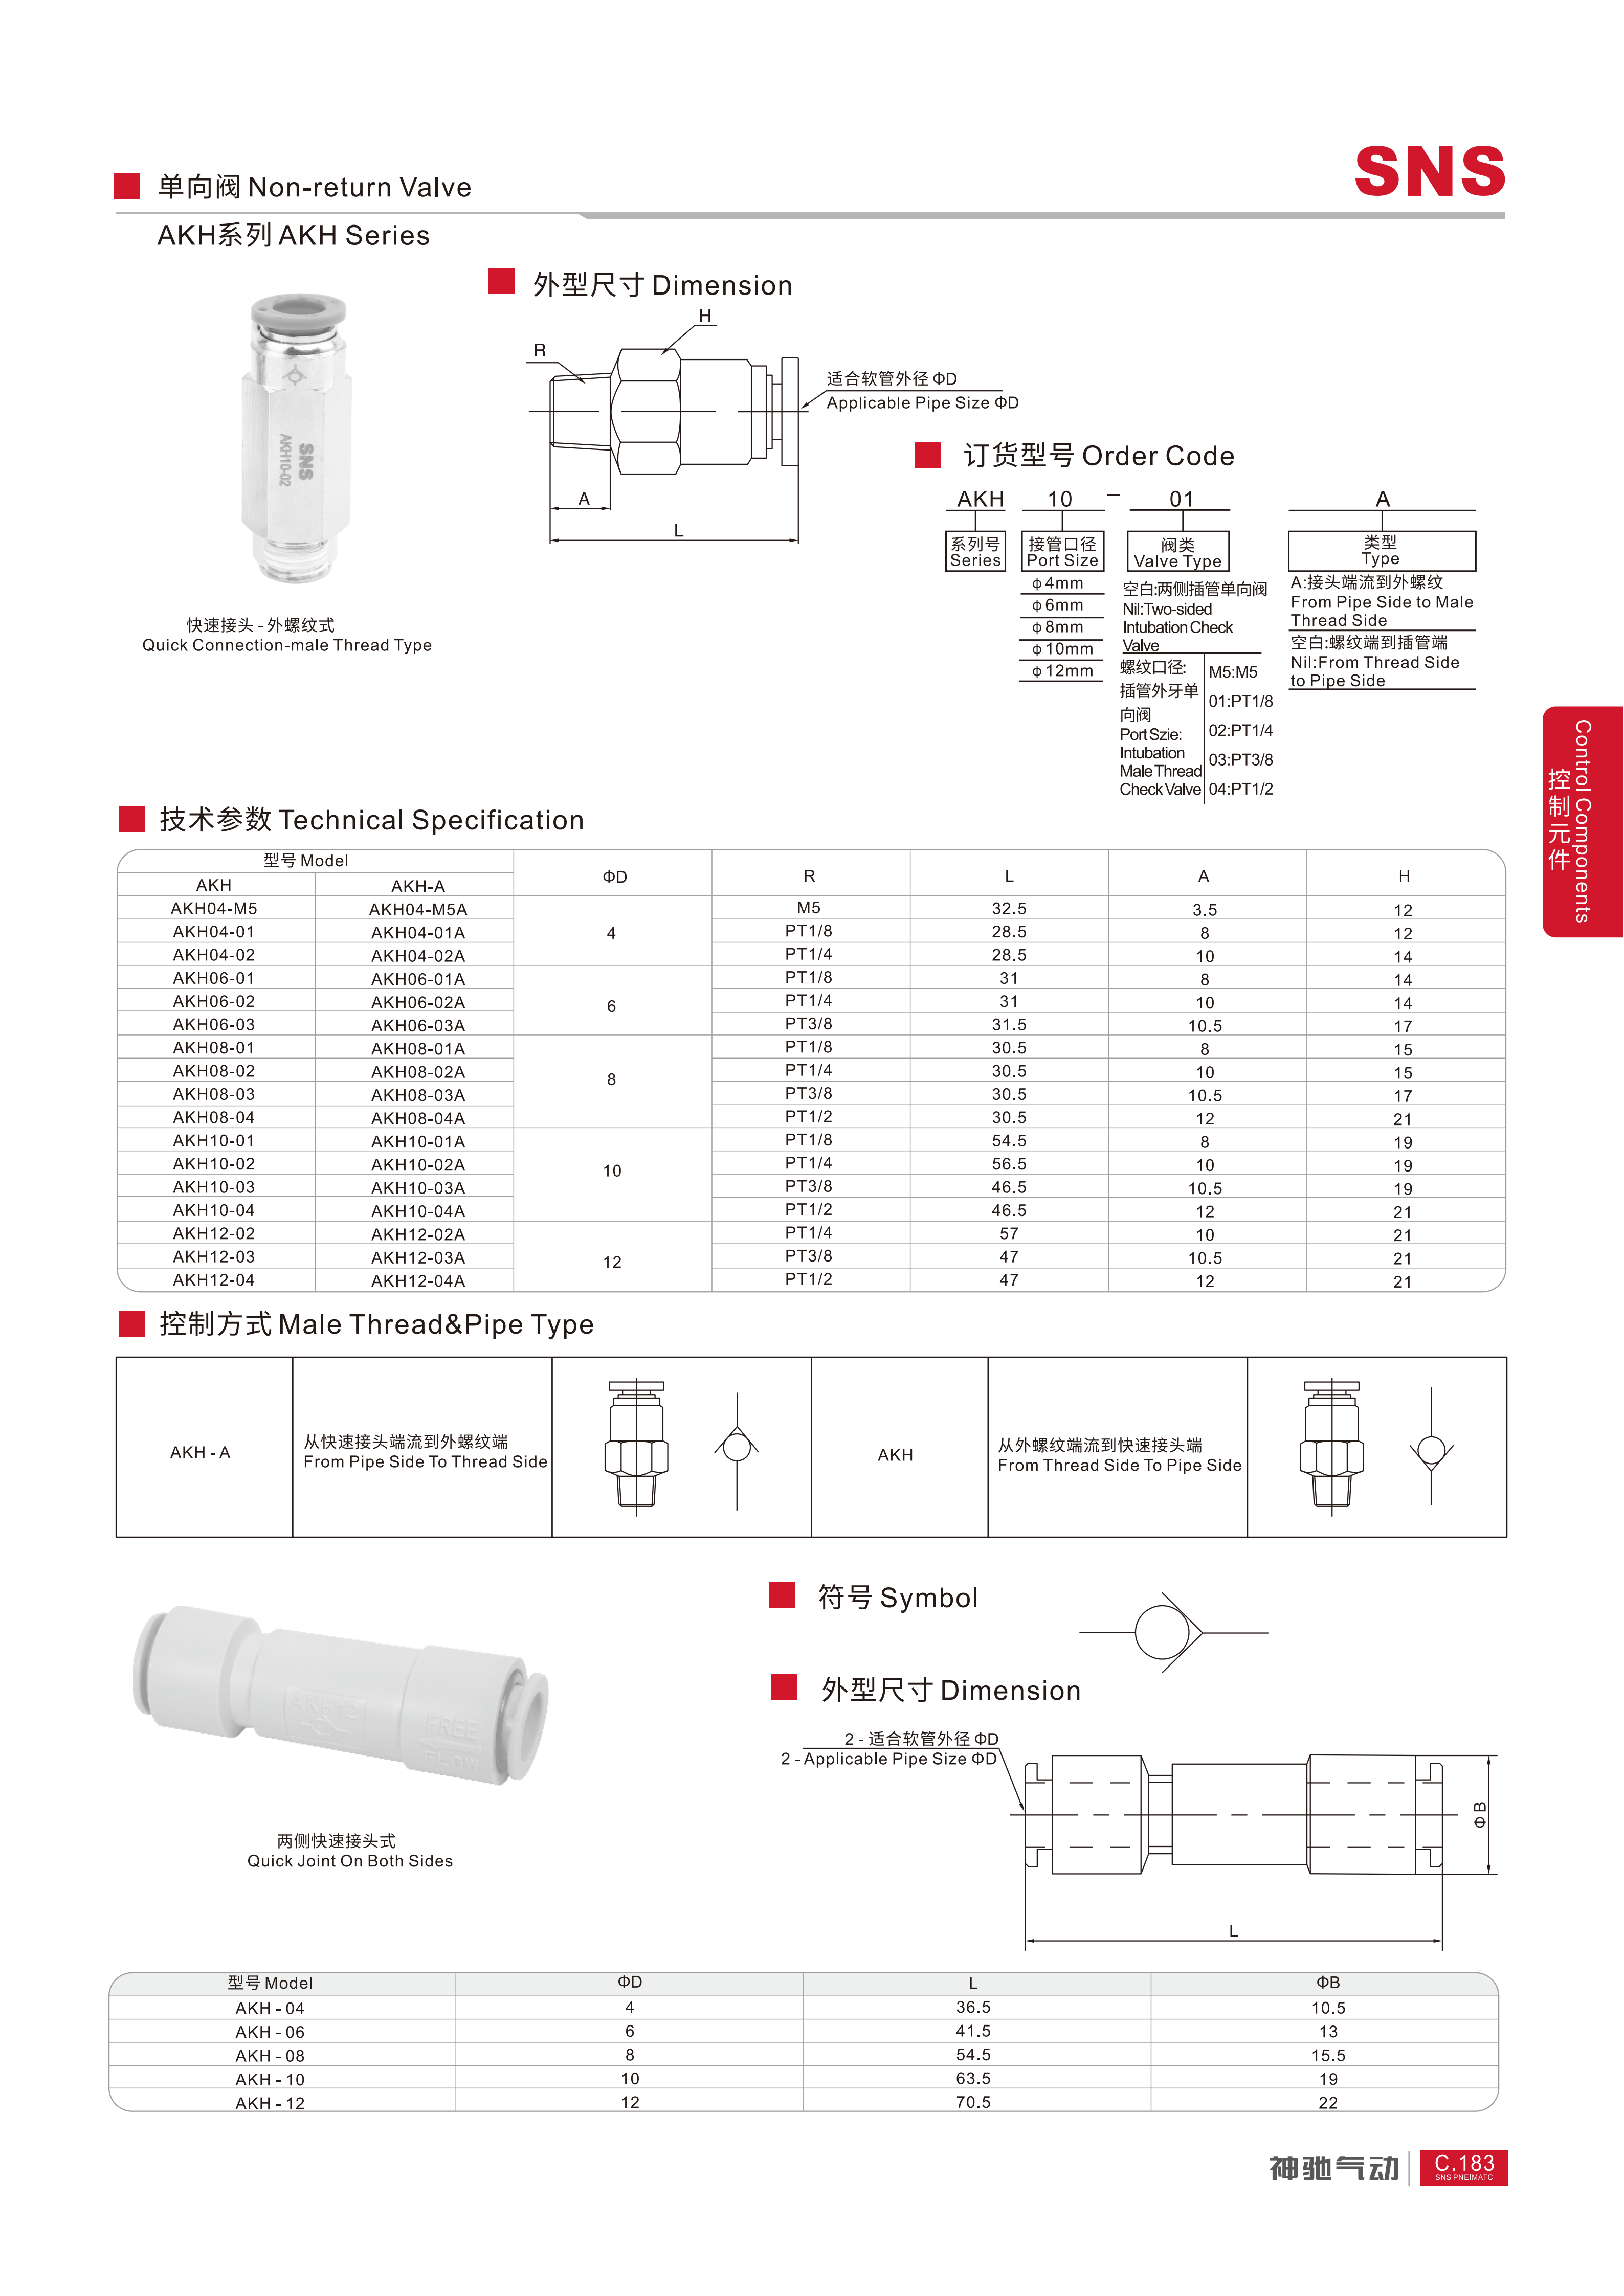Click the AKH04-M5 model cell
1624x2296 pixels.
pyautogui.click(x=214, y=908)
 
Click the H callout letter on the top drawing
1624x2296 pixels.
pyautogui.click(x=705, y=316)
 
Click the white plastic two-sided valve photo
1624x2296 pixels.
pyautogui.click(x=340, y=1695)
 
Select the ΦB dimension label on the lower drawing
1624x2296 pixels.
pyautogui.click(x=1479, y=1814)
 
